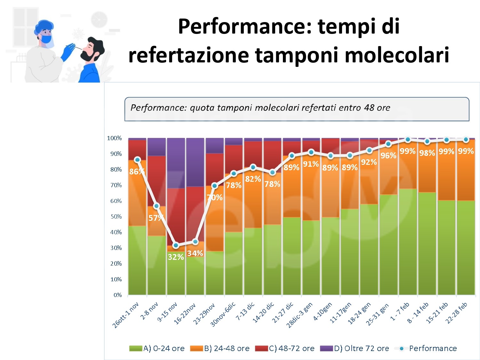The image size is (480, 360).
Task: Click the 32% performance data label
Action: click(x=176, y=257)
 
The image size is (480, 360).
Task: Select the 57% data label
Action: click(x=156, y=218)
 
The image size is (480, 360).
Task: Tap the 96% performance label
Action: click(x=388, y=156)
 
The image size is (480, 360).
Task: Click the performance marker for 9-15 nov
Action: click(x=176, y=245)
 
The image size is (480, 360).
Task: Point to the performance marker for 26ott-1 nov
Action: click(x=138, y=160)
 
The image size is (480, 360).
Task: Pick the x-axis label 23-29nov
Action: click(x=204, y=314)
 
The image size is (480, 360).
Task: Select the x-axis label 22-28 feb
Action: click(x=456, y=313)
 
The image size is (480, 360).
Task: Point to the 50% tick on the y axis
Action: click(x=116, y=217)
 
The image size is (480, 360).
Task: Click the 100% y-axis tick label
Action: click(x=115, y=138)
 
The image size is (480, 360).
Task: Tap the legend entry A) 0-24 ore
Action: click(x=157, y=348)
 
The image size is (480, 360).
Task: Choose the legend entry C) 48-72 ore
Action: click(x=285, y=348)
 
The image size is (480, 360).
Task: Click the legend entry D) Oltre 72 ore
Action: click(x=355, y=348)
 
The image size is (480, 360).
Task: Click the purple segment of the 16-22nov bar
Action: click(x=195, y=162)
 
